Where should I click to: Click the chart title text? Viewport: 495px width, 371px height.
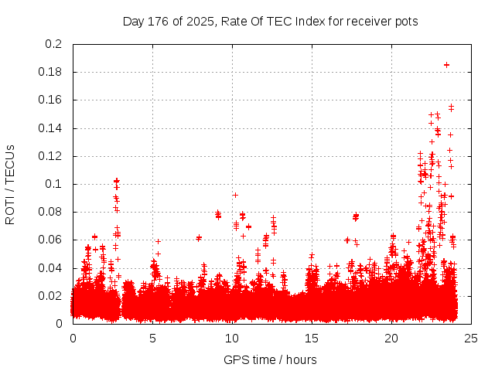(270, 22)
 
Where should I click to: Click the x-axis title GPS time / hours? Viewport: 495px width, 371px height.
(270, 359)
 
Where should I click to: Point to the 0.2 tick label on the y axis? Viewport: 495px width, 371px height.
(54, 44)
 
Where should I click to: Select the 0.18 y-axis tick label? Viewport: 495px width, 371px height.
(51, 72)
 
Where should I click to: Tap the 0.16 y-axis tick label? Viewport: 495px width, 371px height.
(51, 100)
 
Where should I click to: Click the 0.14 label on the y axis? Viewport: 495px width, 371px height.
(51, 128)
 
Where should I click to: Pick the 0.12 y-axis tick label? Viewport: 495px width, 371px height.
(51, 156)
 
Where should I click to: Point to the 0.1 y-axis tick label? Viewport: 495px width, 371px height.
(54, 184)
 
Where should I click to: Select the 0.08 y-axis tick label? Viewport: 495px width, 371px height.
(51, 212)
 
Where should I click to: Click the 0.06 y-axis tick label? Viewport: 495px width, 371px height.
(51, 240)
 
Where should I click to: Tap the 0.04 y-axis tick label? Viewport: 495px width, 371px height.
(51, 268)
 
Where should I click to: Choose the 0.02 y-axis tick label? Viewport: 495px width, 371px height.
(51, 296)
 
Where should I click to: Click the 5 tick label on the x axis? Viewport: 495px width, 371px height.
(152, 338)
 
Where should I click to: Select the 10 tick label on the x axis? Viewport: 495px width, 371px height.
(232, 338)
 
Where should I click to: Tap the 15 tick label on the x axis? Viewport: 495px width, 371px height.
(312, 338)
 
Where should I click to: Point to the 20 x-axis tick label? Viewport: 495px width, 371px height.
(391, 338)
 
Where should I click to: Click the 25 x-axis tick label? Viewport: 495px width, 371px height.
(471, 338)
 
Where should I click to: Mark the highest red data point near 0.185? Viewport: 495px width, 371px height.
(446, 65)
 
